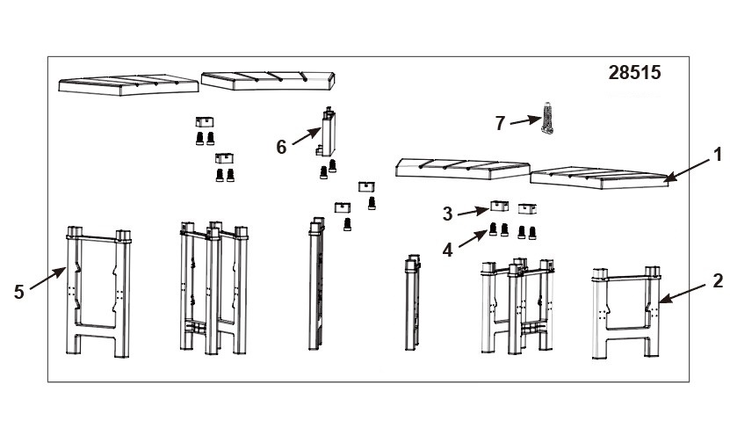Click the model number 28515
[x=634, y=73]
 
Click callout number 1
[x=718, y=155]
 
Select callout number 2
[x=718, y=281]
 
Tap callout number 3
[x=447, y=214]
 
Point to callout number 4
[x=447, y=250]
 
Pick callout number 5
[x=18, y=292]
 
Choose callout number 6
[x=281, y=147]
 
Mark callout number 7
[x=500, y=123]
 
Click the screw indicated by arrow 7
[x=547, y=118]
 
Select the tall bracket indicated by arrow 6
[x=329, y=132]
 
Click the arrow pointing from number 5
[x=48, y=278]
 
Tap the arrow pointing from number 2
[x=682, y=293]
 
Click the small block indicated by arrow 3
[x=499, y=206]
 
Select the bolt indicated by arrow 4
[x=493, y=229]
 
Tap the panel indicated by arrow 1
[x=600, y=178]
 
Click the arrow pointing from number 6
[x=307, y=136]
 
